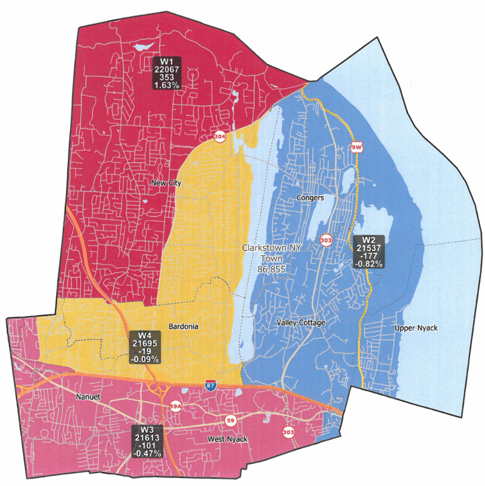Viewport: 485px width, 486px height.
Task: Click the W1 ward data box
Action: [x=167, y=73]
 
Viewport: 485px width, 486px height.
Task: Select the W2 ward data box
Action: [x=369, y=251]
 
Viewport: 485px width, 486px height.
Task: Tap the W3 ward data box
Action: [x=146, y=441]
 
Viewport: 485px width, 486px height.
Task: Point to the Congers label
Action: [x=309, y=198]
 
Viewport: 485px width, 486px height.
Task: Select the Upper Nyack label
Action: [x=416, y=328]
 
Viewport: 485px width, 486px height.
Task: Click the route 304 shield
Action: [x=220, y=137]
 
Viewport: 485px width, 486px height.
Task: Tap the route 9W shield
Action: [x=357, y=148]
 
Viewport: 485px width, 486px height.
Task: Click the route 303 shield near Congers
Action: [x=326, y=240]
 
